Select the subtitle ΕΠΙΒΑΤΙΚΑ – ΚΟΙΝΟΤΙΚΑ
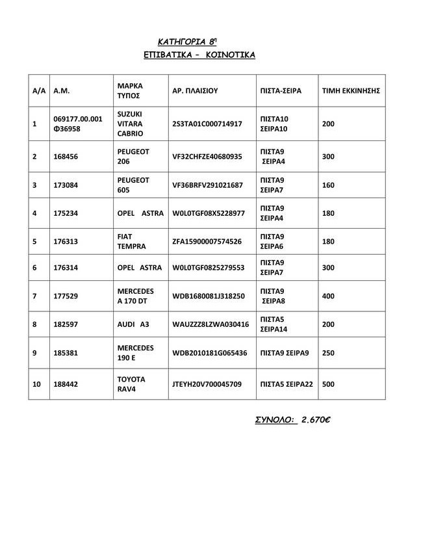(199, 55)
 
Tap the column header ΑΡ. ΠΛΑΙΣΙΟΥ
(196, 91)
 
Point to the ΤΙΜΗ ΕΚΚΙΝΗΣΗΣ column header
(350, 91)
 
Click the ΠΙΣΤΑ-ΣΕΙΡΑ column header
(280, 91)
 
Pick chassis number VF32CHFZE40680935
(207, 157)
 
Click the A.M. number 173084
(66, 185)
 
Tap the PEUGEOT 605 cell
(133, 185)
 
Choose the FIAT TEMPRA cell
(131, 241)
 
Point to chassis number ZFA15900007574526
(207, 242)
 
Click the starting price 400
(328, 296)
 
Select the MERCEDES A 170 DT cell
(135, 296)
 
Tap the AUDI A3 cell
(133, 324)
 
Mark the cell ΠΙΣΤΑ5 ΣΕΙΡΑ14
(274, 324)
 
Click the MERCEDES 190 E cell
(135, 352)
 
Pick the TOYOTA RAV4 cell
(131, 383)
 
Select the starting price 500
(328, 384)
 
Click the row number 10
(36, 384)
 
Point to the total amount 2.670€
(316, 420)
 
